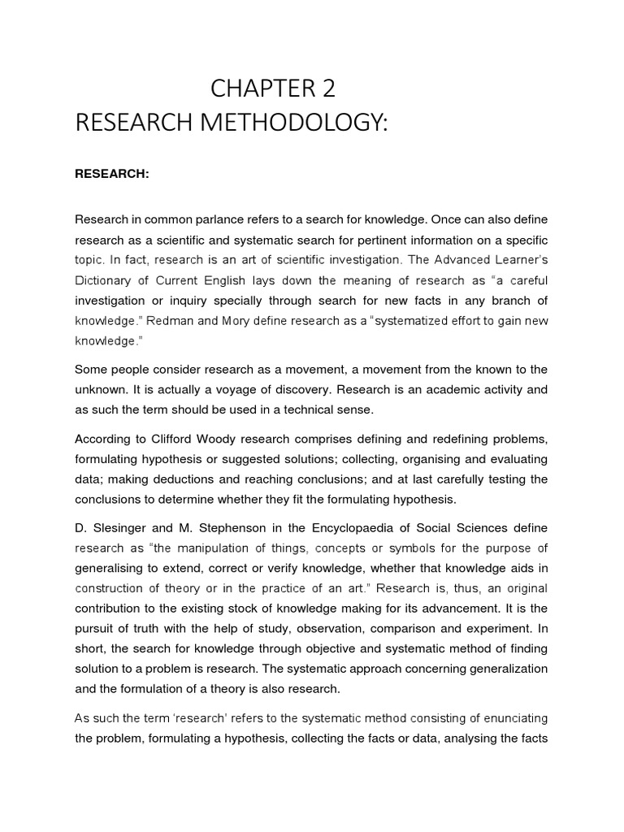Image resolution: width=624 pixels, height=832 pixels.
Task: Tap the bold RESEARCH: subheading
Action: click(112, 174)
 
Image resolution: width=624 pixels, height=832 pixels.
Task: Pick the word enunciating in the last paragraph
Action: click(508, 717)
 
